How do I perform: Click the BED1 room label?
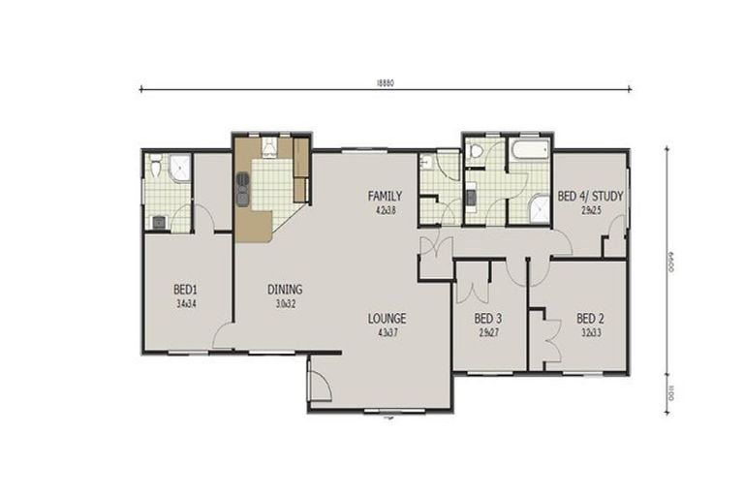click(x=186, y=289)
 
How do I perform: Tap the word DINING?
click(x=285, y=289)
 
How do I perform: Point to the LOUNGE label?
click(x=386, y=318)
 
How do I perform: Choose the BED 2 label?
click(x=591, y=318)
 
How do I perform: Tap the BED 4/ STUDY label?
click(x=590, y=196)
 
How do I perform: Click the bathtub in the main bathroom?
click(x=530, y=150)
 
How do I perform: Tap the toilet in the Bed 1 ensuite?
click(x=155, y=169)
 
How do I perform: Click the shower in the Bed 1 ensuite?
click(x=177, y=170)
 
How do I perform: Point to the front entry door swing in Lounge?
click(x=320, y=386)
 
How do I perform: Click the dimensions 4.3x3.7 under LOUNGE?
click(x=386, y=333)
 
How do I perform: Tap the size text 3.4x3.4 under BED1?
click(x=186, y=303)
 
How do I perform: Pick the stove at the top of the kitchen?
click(x=269, y=147)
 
